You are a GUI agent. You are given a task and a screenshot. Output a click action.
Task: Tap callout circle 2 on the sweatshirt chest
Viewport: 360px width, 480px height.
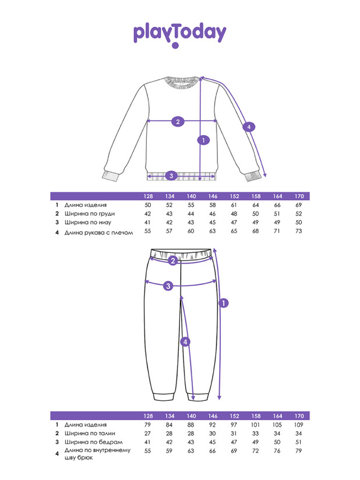pyautogui.click(x=178, y=122)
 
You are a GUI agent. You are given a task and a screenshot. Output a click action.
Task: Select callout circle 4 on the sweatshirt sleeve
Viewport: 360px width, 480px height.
pyautogui.click(x=249, y=126)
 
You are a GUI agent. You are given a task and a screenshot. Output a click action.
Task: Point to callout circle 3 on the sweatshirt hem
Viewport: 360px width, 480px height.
pyautogui.click(x=171, y=175)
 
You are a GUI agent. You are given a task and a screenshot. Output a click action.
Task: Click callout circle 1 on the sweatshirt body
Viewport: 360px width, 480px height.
pyautogui.click(x=203, y=140)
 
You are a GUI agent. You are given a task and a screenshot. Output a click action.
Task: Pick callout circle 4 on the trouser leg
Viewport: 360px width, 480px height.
pyautogui.click(x=185, y=342)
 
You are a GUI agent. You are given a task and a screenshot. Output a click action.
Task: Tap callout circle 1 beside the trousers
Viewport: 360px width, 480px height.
pyautogui.click(x=223, y=303)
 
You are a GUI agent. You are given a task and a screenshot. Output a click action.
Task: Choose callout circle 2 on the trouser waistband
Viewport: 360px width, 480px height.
pyautogui.click(x=172, y=261)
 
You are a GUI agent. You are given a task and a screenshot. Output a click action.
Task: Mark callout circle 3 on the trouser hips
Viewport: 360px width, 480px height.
pyautogui.click(x=168, y=285)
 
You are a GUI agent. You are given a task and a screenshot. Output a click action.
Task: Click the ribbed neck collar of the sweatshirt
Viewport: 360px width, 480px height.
pyautogui.click(x=179, y=82)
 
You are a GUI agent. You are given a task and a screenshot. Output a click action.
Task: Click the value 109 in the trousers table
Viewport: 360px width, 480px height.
pyautogui.click(x=299, y=424)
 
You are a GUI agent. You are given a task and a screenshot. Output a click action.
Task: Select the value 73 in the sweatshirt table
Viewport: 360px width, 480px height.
pyautogui.click(x=299, y=231)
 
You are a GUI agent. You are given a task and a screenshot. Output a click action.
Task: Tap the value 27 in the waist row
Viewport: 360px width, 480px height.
pyautogui.click(x=147, y=433)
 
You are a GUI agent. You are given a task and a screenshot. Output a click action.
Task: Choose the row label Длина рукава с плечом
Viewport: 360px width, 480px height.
pyautogui.click(x=98, y=232)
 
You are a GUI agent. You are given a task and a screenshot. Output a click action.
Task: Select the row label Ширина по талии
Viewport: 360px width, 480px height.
pyautogui.click(x=90, y=433)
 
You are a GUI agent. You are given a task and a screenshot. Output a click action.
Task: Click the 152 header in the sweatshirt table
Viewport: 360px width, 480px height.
pyautogui.click(x=234, y=196)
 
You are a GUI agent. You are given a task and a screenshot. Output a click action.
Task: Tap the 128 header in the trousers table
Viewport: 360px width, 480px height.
pyautogui.click(x=148, y=416)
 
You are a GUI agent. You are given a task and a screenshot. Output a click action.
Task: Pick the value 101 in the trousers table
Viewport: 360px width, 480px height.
pyautogui.click(x=255, y=424)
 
